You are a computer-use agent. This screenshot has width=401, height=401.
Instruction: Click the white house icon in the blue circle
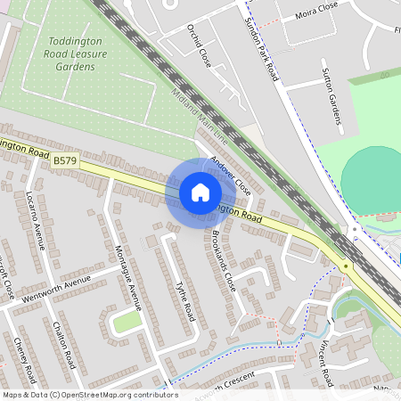[x=200, y=192]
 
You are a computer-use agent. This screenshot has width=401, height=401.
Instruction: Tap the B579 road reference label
[x=64, y=160]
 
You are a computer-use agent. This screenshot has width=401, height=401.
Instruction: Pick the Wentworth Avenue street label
[x=59, y=287]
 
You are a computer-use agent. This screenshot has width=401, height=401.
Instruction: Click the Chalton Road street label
[x=63, y=345]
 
